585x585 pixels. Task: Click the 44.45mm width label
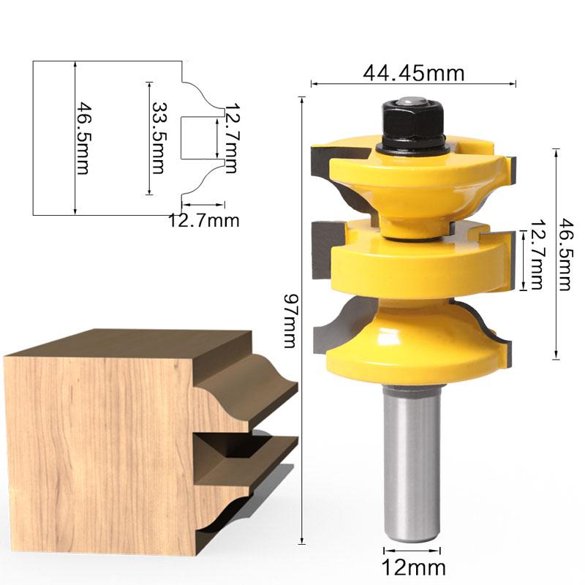tap(414, 72)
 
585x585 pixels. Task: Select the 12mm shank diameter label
tap(414, 567)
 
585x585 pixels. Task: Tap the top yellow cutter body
tap(409, 183)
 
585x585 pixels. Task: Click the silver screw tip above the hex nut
tap(410, 99)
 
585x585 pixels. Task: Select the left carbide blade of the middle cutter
tap(322, 252)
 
